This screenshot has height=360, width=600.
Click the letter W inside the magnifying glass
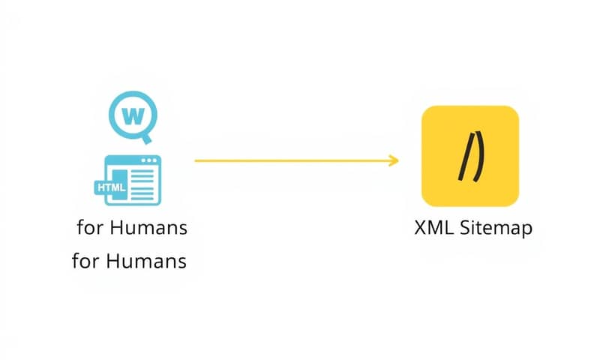(x=133, y=115)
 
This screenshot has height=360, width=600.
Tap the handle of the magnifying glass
(x=146, y=139)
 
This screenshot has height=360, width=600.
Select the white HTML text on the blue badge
(x=111, y=187)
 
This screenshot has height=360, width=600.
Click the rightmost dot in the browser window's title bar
(x=155, y=160)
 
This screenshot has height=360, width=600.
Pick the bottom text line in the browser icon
(x=142, y=199)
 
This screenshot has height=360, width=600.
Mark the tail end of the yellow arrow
(x=196, y=160)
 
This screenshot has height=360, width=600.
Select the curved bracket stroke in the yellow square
(x=480, y=156)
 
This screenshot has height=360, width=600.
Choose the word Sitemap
(x=496, y=229)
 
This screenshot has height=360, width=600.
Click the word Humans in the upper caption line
(x=148, y=228)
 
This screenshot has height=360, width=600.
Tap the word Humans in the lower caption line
(x=145, y=261)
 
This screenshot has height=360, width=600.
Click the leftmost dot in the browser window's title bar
(x=144, y=160)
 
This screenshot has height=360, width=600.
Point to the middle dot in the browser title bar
(x=149, y=160)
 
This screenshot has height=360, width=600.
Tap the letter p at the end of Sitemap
(x=527, y=230)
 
